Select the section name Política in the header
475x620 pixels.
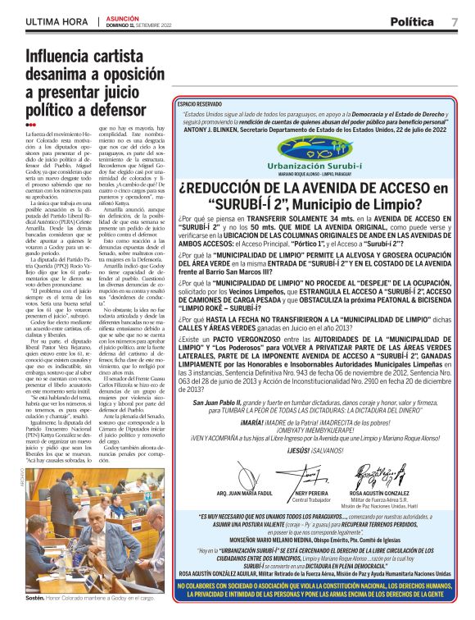(415, 21)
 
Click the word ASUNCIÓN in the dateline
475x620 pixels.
(121, 18)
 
